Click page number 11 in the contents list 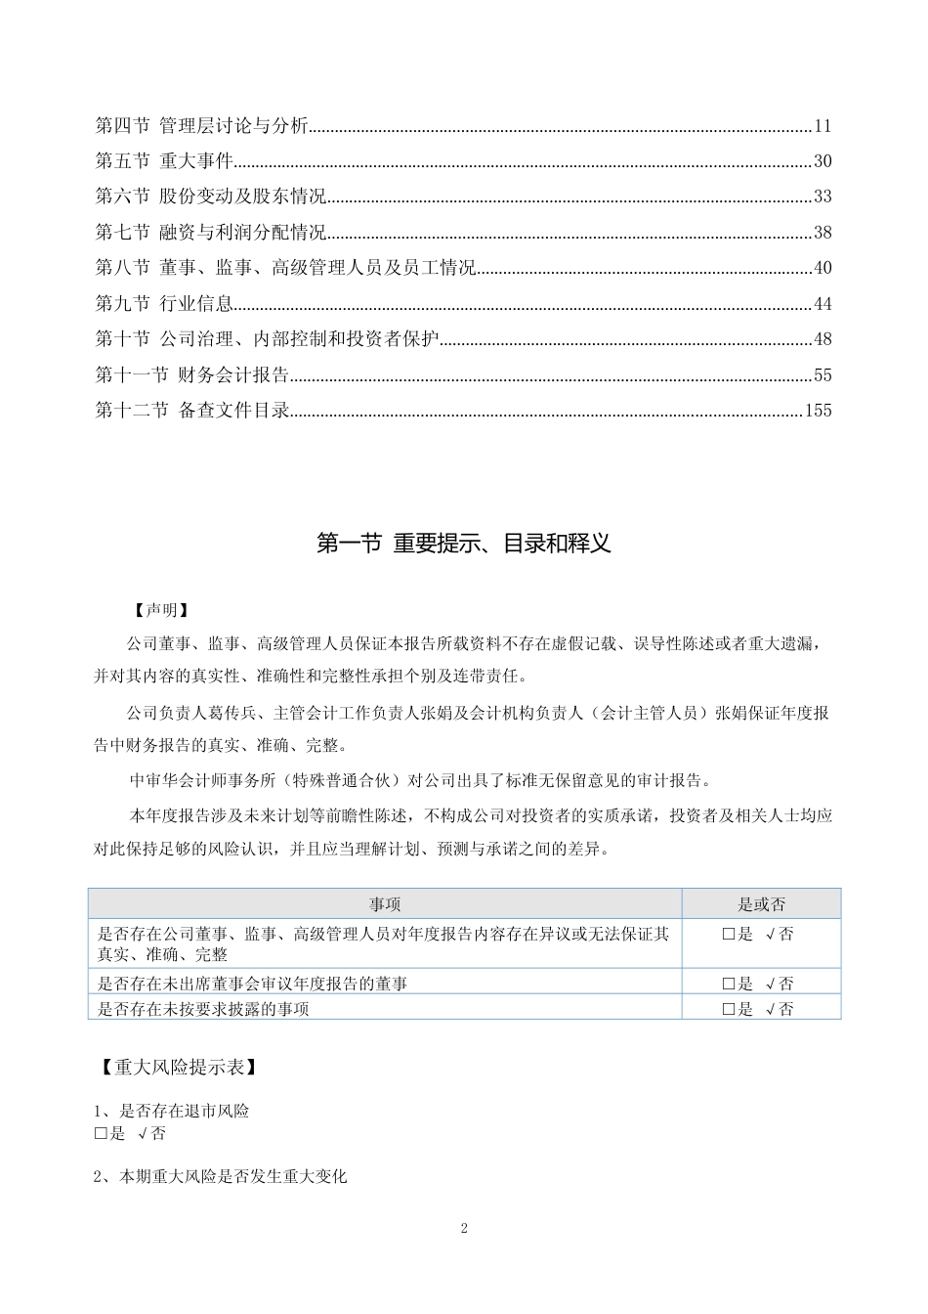[x=822, y=126]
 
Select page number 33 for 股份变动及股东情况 [x=822, y=197]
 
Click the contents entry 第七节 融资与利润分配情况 [x=210, y=233]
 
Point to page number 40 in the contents [x=822, y=269]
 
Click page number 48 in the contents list [x=822, y=340]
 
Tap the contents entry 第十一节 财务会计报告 [x=191, y=375]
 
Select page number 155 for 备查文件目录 [x=818, y=411]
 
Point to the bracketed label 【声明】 [x=160, y=610]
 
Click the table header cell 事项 [x=385, y=904]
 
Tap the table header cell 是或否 [x=761, y=904]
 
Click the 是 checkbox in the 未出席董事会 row [x=728, y=985]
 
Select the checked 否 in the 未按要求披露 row [x=780, y=1009]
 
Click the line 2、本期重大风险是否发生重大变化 [x=221, y=1177]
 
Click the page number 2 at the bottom [x=464, y=1229]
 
